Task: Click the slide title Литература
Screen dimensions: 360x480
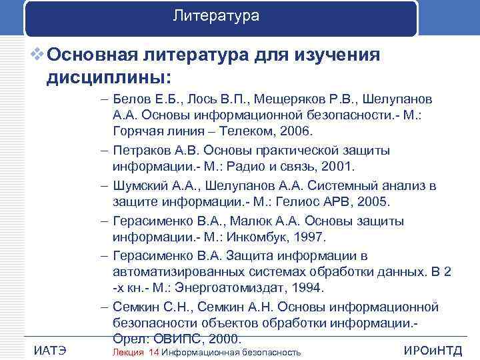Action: [x=215, y=15]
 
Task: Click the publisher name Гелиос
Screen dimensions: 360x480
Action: [x=286, y=201]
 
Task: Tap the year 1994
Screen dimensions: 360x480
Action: [x=309, y=288]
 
